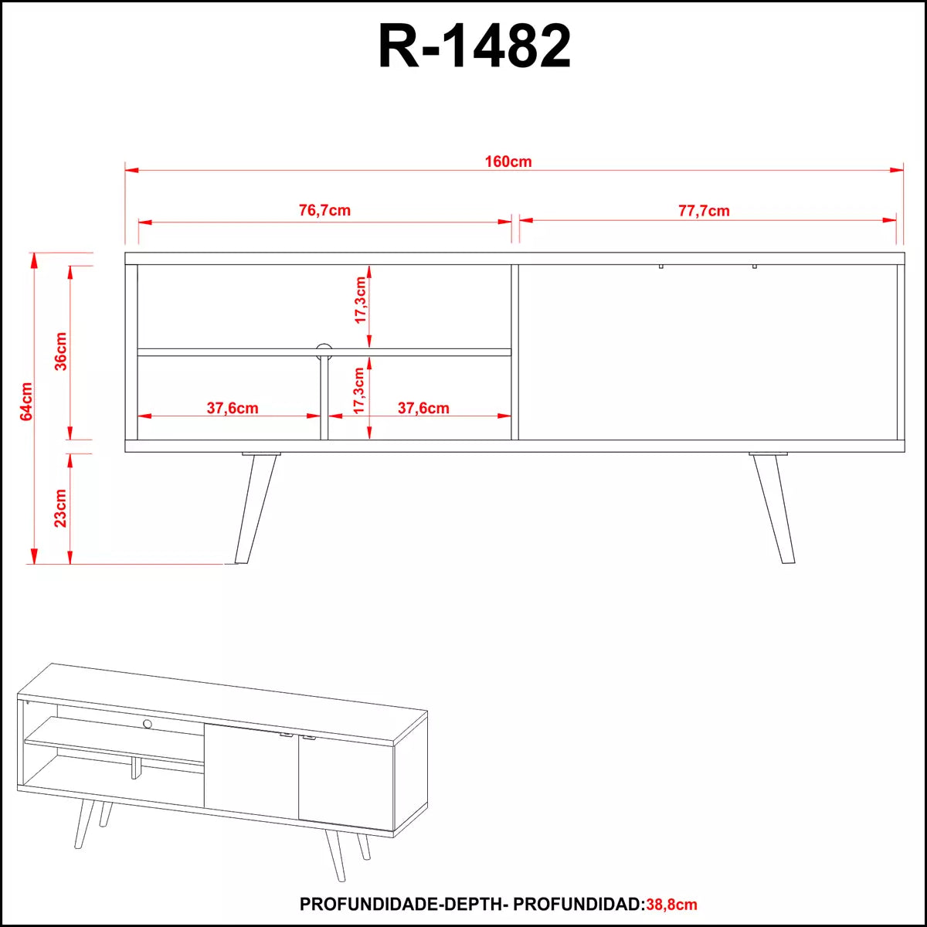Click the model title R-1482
(x=474, y=46)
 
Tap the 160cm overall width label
(x=508, y=161)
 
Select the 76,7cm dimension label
(x=324, y=210)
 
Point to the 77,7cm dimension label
(x=704, y=210)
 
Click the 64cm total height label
(x=27, y=401)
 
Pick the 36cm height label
(x=62, y=351)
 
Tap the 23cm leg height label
(x=62, y=508)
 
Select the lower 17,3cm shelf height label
(x=360, y=391)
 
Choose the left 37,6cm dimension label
(x=233, y=408)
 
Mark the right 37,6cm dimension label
(x=423, y=408)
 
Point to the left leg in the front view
(x=255, y=506)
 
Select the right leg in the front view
(x=773, y=506)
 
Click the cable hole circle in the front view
(x=324, y=350)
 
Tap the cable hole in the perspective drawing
(x=147, y=723)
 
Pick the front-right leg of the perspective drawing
(x=335, y=854)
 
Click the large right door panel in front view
(x=707, y=351)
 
